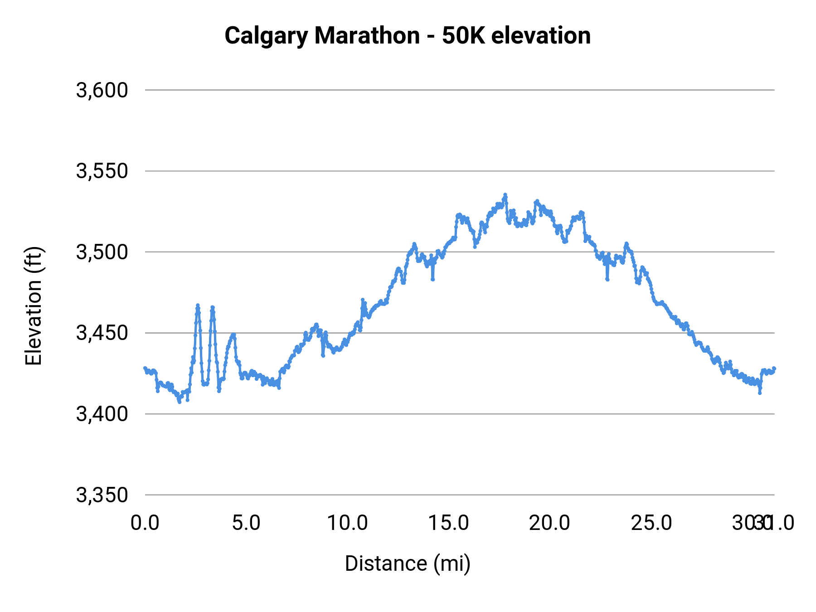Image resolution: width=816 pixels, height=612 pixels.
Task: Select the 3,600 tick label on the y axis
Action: tap(102, 90)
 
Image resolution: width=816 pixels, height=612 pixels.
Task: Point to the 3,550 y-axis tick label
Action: tap(102, 171)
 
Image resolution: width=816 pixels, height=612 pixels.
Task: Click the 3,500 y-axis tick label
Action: tap(102, 252)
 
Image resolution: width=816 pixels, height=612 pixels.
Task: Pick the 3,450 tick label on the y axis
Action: tap(102, 333)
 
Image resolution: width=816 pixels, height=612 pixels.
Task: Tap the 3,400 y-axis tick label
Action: tap(102, 414)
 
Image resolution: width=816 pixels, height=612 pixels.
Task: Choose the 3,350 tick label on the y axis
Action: tap(102, 495)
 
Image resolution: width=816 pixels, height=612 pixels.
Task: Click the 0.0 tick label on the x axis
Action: tap(145, 523)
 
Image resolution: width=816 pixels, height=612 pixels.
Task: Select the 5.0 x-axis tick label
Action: tap(246, 523)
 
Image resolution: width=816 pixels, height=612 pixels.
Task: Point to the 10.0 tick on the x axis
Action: tap(348, 523)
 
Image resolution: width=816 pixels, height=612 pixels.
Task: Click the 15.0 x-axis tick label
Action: tap(449, 523)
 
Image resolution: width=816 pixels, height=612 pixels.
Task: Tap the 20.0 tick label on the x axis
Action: tap(550, 523)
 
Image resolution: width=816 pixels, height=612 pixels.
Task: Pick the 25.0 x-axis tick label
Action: tap(651, 523)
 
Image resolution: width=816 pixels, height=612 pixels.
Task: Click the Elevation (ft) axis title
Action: tap(34, 306)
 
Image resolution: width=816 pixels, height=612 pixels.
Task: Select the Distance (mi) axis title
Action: tap(408, 563)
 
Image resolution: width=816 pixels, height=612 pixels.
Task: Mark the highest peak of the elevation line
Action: tap(505, 194)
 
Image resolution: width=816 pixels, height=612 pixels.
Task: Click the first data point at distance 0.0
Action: tap(145, 368)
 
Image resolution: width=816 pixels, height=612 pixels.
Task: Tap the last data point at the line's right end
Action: tap(774, 368)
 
